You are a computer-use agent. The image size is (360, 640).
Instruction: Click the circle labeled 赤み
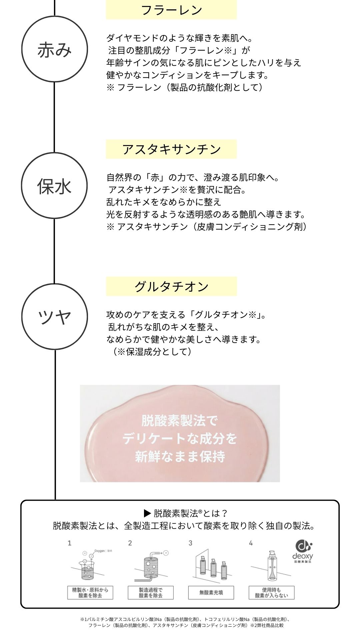55,49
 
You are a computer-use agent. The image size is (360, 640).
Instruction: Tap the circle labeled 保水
54,186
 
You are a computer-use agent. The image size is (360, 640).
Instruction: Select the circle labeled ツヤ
55,316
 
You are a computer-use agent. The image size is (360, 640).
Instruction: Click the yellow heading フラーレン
171,10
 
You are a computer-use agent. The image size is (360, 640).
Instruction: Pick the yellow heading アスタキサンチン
171,149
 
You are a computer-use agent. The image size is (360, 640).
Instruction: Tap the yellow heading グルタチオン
171,286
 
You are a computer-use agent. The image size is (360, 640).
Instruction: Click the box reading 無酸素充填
211,592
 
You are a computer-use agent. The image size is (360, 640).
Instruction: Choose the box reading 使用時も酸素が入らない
271,592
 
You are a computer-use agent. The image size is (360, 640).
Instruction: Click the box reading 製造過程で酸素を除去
151,592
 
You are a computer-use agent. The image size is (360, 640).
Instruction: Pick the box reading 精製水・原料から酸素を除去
90,592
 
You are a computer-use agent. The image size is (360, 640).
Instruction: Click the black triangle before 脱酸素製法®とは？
147,513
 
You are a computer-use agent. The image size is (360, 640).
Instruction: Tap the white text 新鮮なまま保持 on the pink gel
180,457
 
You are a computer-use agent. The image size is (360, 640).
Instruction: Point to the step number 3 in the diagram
190,543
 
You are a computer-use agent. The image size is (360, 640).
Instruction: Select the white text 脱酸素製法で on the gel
180,421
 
